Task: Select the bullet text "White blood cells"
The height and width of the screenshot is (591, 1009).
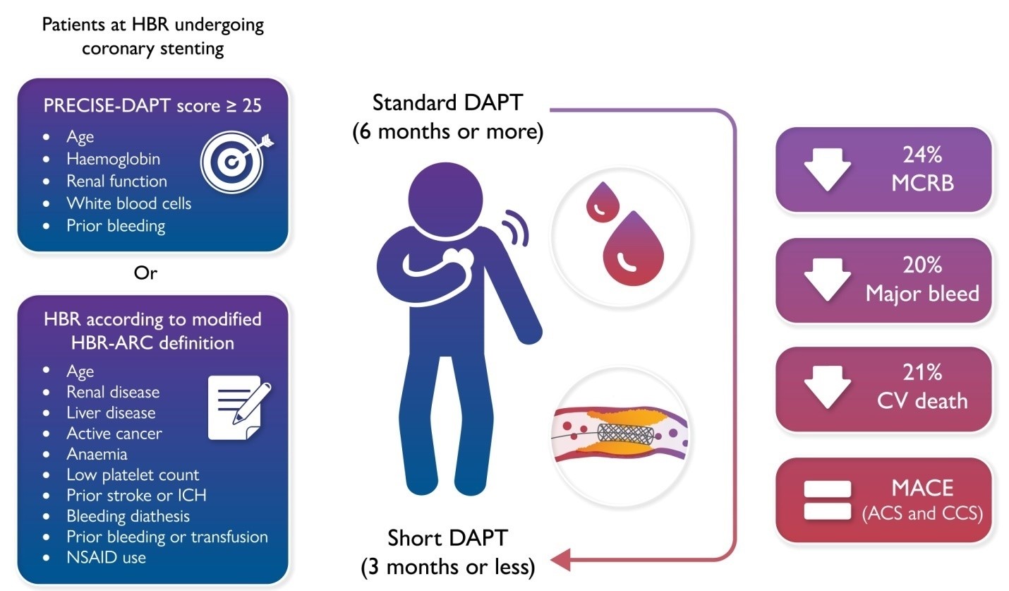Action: [128, 203]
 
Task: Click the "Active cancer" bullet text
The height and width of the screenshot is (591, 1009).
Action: [114, 433]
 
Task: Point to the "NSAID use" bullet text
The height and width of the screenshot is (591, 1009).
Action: [106, 557]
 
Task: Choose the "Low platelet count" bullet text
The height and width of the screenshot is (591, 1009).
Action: [133, 474]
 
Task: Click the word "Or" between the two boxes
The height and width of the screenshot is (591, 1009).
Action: [145, 273]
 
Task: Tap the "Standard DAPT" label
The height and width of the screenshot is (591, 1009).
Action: [447, 102]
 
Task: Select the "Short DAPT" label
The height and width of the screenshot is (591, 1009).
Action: [447, 538]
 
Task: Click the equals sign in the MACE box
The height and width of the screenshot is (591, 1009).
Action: [827, 500]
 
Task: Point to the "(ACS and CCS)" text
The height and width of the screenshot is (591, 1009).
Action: [922, 513]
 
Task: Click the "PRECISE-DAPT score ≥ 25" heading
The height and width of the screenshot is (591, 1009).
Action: [152, 105]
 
